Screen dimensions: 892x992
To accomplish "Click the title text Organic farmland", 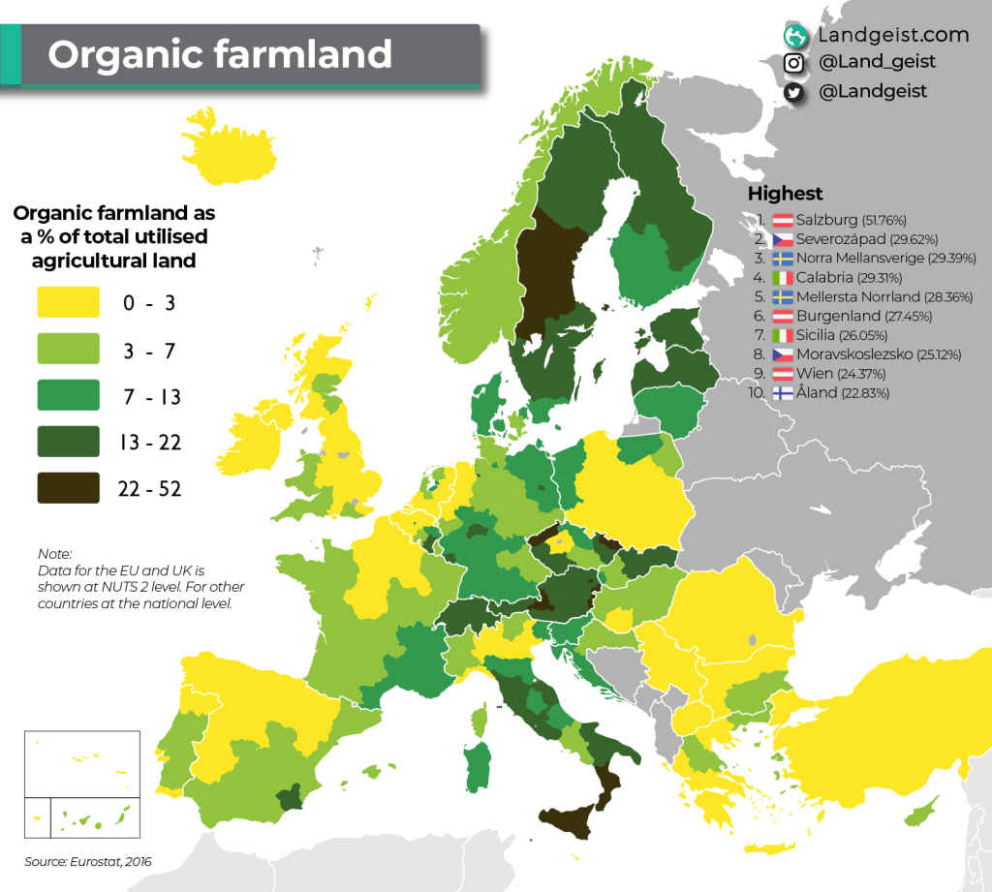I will coord(220,54).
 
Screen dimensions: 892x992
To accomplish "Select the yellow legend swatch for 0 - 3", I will coord(68,301).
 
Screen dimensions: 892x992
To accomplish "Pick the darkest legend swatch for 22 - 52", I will coord(68,487).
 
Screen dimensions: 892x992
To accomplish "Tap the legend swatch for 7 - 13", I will coord(68,394).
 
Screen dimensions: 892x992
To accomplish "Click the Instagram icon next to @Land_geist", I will coord(795,63).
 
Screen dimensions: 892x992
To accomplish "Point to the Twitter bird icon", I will coord(795,92).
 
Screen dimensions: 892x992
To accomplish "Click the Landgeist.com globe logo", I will coord(796,36).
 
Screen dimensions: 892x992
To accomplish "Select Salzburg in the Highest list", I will coord(832,219).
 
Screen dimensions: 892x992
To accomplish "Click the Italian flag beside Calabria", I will coord(783,277).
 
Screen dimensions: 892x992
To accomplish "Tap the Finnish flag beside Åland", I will coord(783,393).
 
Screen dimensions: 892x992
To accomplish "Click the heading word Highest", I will coord(785,194).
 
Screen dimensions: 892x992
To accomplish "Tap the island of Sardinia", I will coord(476,765).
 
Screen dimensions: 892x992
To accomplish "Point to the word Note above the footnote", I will coord(54,554).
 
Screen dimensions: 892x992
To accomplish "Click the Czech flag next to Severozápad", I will coord(783,238).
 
